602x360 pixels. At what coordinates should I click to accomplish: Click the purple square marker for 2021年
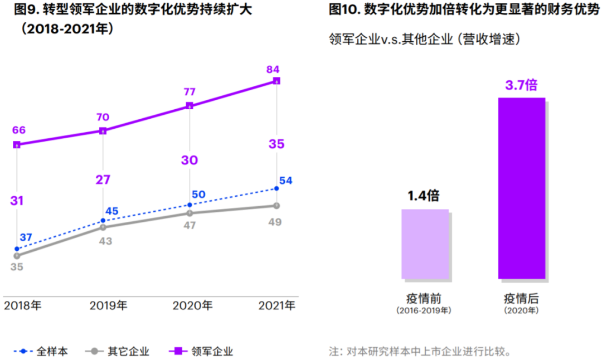click(x=276, y=81)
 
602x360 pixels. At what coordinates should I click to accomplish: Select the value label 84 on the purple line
click(x=273, y=70)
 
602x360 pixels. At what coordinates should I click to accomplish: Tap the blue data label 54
click(x=286, y=181)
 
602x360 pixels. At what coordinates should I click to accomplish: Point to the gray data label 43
click(x=105, y=241)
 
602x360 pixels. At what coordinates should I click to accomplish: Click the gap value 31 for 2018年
click(x=17, y=201)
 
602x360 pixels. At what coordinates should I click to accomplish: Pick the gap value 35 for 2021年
click(x=276, y=144)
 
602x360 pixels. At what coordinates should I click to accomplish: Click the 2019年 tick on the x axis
click(x=108, y=305)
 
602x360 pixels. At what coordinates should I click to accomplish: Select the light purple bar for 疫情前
click(x=425, y=244)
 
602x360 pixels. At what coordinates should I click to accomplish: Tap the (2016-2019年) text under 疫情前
click(x=424, y=310)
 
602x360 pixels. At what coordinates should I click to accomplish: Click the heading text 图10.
click(x=344, y=9)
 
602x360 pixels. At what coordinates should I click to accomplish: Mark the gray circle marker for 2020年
click(x=190, y=213)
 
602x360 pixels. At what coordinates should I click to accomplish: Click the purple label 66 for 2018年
click(x=19, y=130)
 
